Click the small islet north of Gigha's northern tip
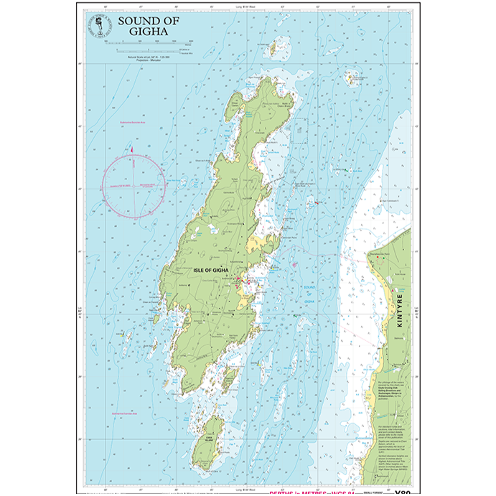click(273, 50)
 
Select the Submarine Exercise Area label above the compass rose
click(129, 124)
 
